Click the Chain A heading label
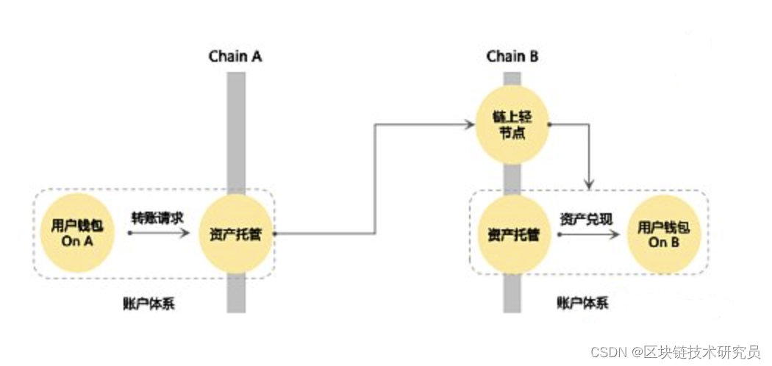pyautogui.click(x=235, y=56)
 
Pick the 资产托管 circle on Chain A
pyautogui.click(x=236, y=233)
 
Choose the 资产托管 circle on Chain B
pyautogui.click(x=512, y=234)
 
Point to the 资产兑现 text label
pyautogui.click(x=585, y=219)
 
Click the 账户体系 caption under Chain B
pyautogui.click(x=582, y=303)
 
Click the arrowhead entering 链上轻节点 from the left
pyautogui.click(x=470, y=125)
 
